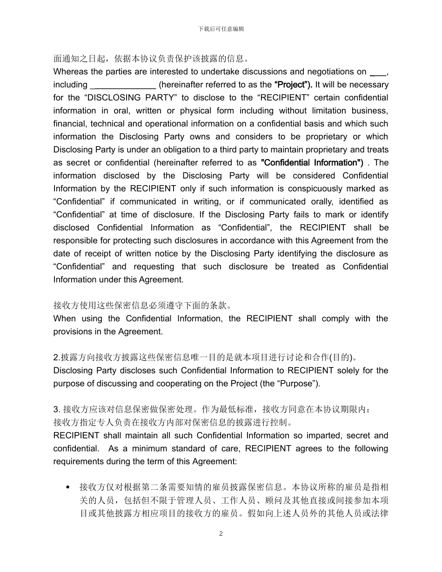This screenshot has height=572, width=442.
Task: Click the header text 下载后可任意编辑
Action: click(221, 29)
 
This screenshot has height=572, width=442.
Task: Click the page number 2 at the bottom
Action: click(221, 533)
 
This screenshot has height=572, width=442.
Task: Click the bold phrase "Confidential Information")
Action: click(312, 163)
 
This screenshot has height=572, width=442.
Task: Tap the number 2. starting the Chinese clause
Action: click(57, 358)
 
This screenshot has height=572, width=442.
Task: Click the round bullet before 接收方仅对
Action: click(69, 488)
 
